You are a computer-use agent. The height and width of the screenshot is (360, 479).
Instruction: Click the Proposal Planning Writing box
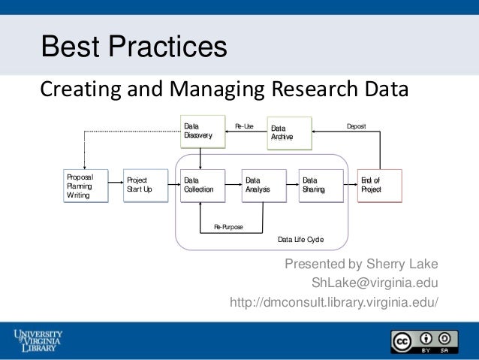click(85, 186)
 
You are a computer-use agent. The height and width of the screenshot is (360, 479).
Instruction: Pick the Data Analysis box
click(264, 186)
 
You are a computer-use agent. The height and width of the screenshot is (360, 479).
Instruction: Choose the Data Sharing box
click(321, 186)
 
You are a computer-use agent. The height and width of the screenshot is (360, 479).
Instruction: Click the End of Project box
click(379, 186)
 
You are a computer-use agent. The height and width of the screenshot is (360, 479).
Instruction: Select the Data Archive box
click(289, 134)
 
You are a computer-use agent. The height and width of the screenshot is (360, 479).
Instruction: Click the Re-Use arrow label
click(245, 126)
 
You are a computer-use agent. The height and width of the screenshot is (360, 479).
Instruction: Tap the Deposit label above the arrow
click(356, 126)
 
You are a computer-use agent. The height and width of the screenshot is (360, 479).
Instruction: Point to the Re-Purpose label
click(228, 225)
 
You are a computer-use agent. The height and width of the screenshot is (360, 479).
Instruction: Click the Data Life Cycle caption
click(301, 239)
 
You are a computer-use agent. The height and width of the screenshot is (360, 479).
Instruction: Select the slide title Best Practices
click(134, 47)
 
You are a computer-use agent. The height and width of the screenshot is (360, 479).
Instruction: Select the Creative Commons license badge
click(423, 340)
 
